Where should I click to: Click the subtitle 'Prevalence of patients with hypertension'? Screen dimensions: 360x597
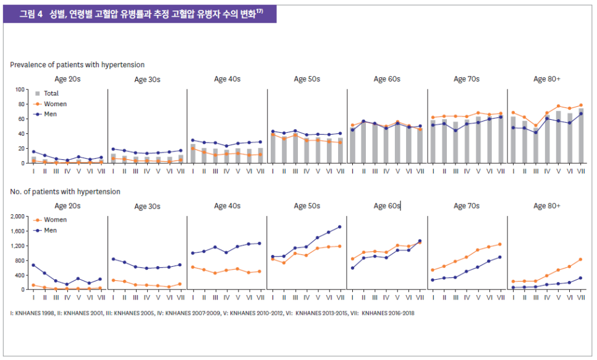[77, 65]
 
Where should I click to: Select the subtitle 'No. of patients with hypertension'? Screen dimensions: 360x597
[65, 192]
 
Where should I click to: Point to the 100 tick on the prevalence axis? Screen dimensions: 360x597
[19, 90]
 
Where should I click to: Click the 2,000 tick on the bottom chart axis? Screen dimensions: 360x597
[17, 216]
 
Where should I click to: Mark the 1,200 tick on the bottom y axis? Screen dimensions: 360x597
[17, 246]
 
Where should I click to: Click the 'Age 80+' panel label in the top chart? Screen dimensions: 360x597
[547, 79]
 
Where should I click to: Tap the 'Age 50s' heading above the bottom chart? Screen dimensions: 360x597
[307, 206]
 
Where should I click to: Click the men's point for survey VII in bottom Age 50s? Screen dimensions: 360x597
[339, 227]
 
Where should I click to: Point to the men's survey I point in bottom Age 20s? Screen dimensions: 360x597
[34, 265]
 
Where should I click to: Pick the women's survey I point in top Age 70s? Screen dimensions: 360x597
[433, 117]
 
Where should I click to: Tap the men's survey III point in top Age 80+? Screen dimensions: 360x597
[535, 133]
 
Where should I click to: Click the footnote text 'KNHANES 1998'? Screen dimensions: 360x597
[36, 313]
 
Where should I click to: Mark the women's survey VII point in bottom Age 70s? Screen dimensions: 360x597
[499, 244]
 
